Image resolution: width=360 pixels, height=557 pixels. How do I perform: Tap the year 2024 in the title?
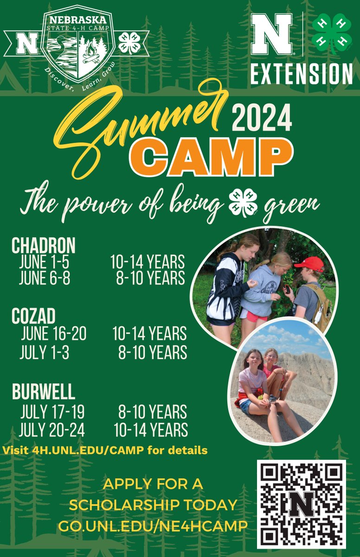point(262,117)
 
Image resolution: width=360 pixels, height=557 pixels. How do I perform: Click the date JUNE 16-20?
point(53,334)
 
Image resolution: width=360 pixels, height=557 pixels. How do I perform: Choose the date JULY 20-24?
point(52,430)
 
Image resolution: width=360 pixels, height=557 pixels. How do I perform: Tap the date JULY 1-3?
point(44,352)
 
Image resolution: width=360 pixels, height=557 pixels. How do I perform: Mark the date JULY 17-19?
point(52,412)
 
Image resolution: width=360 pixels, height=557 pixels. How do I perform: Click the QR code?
point(302,504)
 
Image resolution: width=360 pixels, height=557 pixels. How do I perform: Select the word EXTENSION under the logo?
point(302,74)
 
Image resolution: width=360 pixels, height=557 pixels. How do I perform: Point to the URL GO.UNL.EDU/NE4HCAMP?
point(153,527)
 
